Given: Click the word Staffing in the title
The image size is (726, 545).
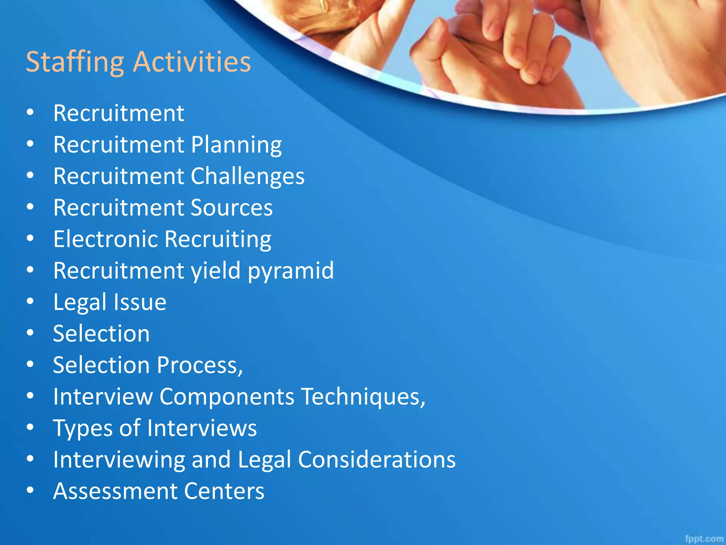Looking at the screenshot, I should coord(75,62).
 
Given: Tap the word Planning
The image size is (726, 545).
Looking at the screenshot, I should coord(236,145).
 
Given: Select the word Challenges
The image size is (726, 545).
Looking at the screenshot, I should coord(247,176).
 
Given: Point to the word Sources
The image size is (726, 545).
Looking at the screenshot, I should coord(231,208).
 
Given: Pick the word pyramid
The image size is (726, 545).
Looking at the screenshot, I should coord(290,270).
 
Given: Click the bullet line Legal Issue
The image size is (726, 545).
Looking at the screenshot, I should coord(110,302).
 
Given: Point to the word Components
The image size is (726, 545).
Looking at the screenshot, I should coord(227,396).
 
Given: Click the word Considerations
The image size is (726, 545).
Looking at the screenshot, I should coord(376,459).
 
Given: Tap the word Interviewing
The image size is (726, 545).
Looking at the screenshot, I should coord(119,459).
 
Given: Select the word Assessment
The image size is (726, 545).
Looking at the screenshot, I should coord(115,491).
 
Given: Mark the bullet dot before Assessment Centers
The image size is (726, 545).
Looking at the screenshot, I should coord(30,490).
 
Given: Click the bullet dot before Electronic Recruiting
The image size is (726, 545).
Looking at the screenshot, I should coord(30,238).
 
